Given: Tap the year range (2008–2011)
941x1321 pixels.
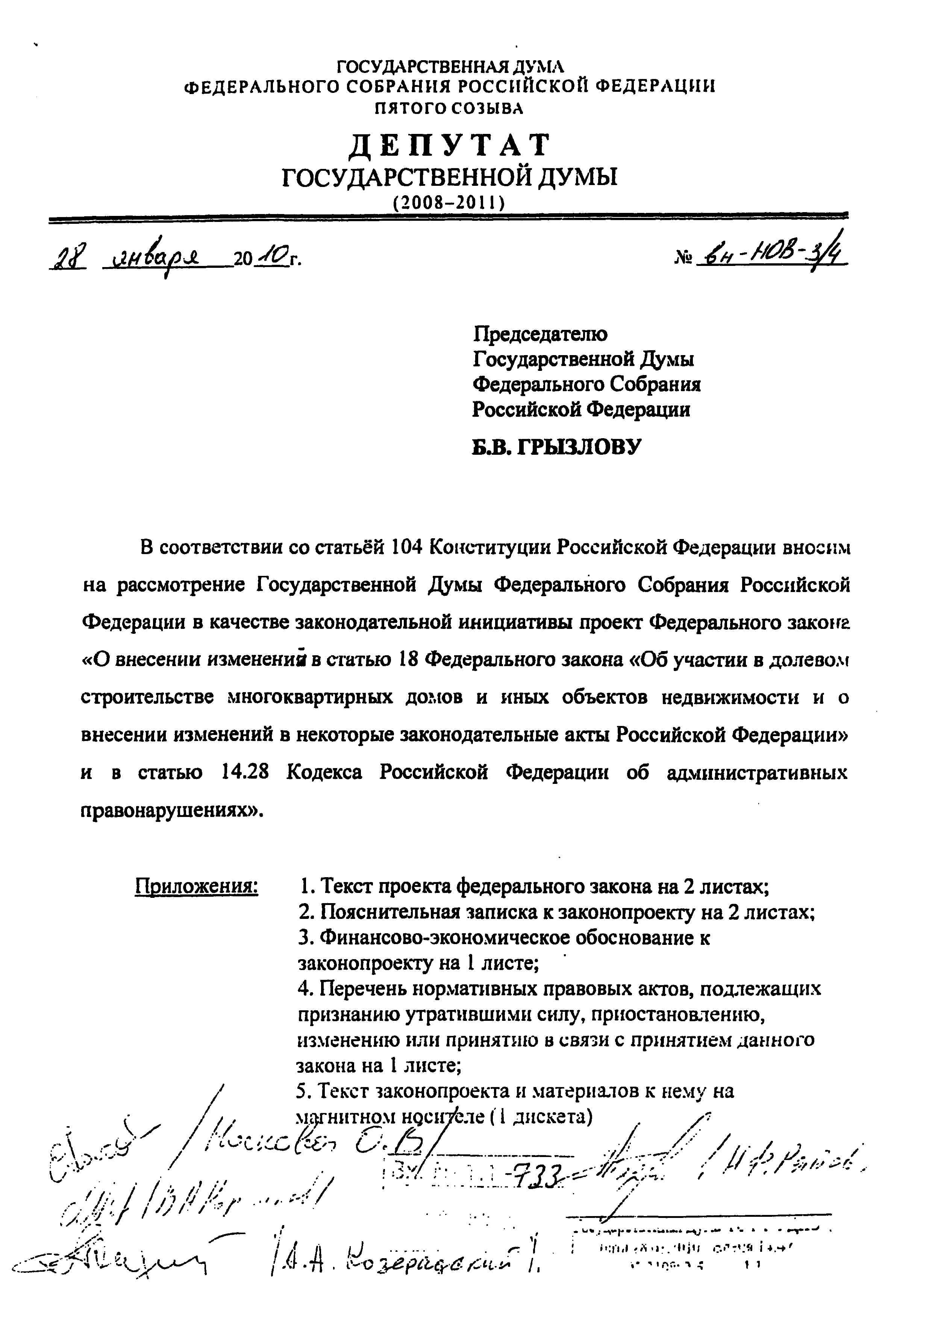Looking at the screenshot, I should point(449,202).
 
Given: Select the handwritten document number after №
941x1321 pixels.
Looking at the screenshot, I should point(771,255).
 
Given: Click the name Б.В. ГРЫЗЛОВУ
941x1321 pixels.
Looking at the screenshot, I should point(556,446).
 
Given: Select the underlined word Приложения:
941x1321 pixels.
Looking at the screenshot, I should point(196,886).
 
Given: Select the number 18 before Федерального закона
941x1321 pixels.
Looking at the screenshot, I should point(405,660).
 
